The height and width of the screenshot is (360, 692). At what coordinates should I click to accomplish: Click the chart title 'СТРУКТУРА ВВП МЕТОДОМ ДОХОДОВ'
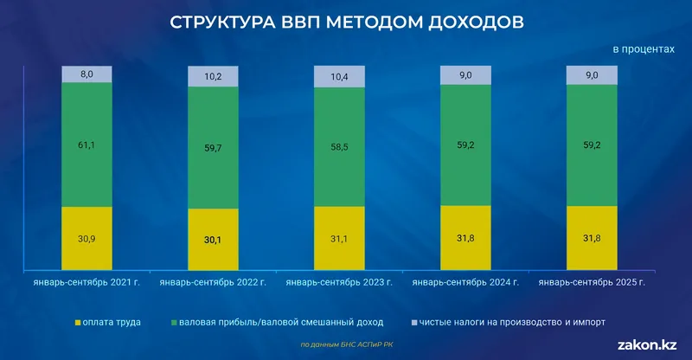346,22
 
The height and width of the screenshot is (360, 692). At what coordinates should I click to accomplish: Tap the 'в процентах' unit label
643,49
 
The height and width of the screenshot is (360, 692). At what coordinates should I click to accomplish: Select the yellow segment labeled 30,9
87,239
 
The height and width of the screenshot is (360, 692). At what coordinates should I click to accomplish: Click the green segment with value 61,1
87,145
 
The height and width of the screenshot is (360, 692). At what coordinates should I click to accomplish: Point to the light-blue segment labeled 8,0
87,74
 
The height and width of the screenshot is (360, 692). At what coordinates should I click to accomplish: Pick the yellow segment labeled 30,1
213,241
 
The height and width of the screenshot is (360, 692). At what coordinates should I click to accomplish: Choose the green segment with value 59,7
213,148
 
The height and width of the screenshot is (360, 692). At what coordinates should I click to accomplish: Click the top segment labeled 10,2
213,76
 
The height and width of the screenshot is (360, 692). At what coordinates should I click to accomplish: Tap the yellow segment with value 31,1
339,239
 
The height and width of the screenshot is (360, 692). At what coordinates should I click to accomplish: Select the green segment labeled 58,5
339,147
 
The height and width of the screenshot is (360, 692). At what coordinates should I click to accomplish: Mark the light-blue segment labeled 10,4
339,76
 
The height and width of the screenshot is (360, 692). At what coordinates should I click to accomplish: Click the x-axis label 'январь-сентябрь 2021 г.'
86,282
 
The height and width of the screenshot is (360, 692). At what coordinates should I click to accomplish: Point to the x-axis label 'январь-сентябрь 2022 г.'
213,282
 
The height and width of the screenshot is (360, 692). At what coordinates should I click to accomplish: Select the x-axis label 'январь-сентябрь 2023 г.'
339,282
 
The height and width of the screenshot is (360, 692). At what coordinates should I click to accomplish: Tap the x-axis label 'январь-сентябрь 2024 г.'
465,282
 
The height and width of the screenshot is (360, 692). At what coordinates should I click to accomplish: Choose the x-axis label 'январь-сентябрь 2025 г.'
592,282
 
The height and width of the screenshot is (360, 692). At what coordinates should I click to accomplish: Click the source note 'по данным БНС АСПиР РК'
346,344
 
